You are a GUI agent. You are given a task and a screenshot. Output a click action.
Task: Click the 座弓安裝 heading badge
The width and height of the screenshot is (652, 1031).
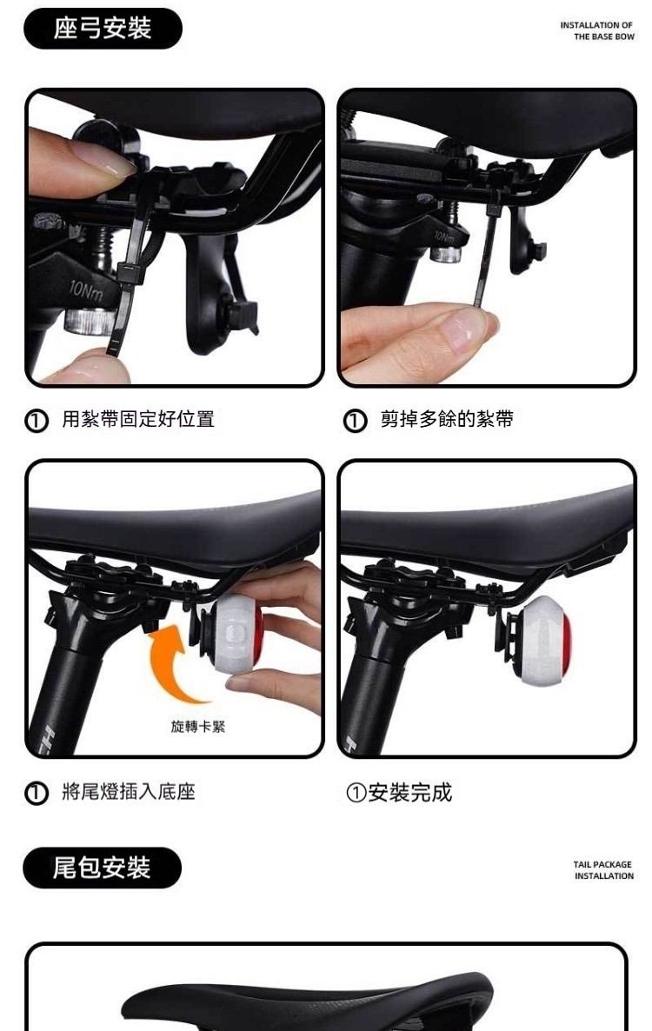coord(103,29)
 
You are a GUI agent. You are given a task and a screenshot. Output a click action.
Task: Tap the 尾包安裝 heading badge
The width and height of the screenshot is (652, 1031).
coord(102,868)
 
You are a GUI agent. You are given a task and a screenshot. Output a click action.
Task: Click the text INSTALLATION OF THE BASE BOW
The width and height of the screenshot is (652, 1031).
coord(596,31)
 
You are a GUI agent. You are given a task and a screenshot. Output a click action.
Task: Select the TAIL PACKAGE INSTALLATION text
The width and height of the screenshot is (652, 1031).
coord(603,870)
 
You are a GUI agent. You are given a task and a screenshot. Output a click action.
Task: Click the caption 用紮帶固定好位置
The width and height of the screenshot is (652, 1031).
coord(138,419)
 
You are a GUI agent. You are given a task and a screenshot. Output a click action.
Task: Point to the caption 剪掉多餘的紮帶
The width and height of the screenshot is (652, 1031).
coord(447,419)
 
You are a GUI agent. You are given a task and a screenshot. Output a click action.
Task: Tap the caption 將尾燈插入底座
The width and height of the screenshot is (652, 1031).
coord(129,792)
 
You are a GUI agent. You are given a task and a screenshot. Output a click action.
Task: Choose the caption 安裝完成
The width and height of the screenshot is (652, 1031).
coord(410,793)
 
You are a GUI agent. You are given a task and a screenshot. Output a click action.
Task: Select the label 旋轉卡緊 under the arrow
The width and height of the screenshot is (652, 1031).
coord(198,727)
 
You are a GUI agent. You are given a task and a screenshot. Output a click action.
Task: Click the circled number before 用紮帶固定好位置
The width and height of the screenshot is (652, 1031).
coord(37,420)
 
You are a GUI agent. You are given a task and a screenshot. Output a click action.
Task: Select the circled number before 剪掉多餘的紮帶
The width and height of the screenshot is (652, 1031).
coord(355,420)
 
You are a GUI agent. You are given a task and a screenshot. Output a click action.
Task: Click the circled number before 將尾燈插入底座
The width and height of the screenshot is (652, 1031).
coord(37,793)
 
